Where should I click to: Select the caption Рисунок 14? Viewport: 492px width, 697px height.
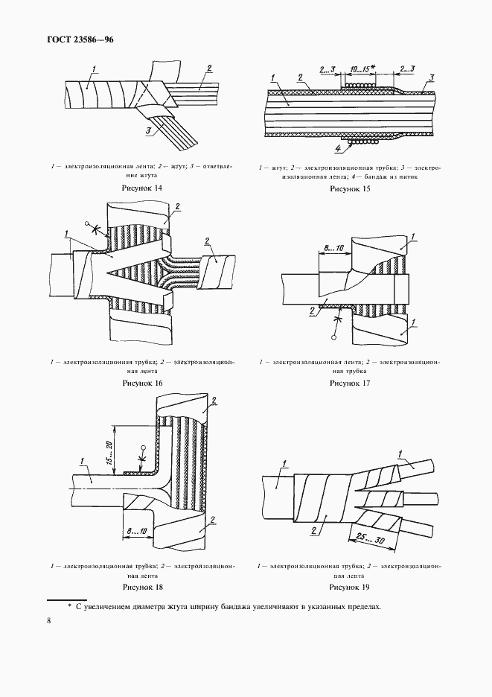tap(141, 189)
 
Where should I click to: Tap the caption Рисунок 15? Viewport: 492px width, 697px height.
tap(350, 189)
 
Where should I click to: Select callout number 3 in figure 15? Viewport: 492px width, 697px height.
tap(432, 77)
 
